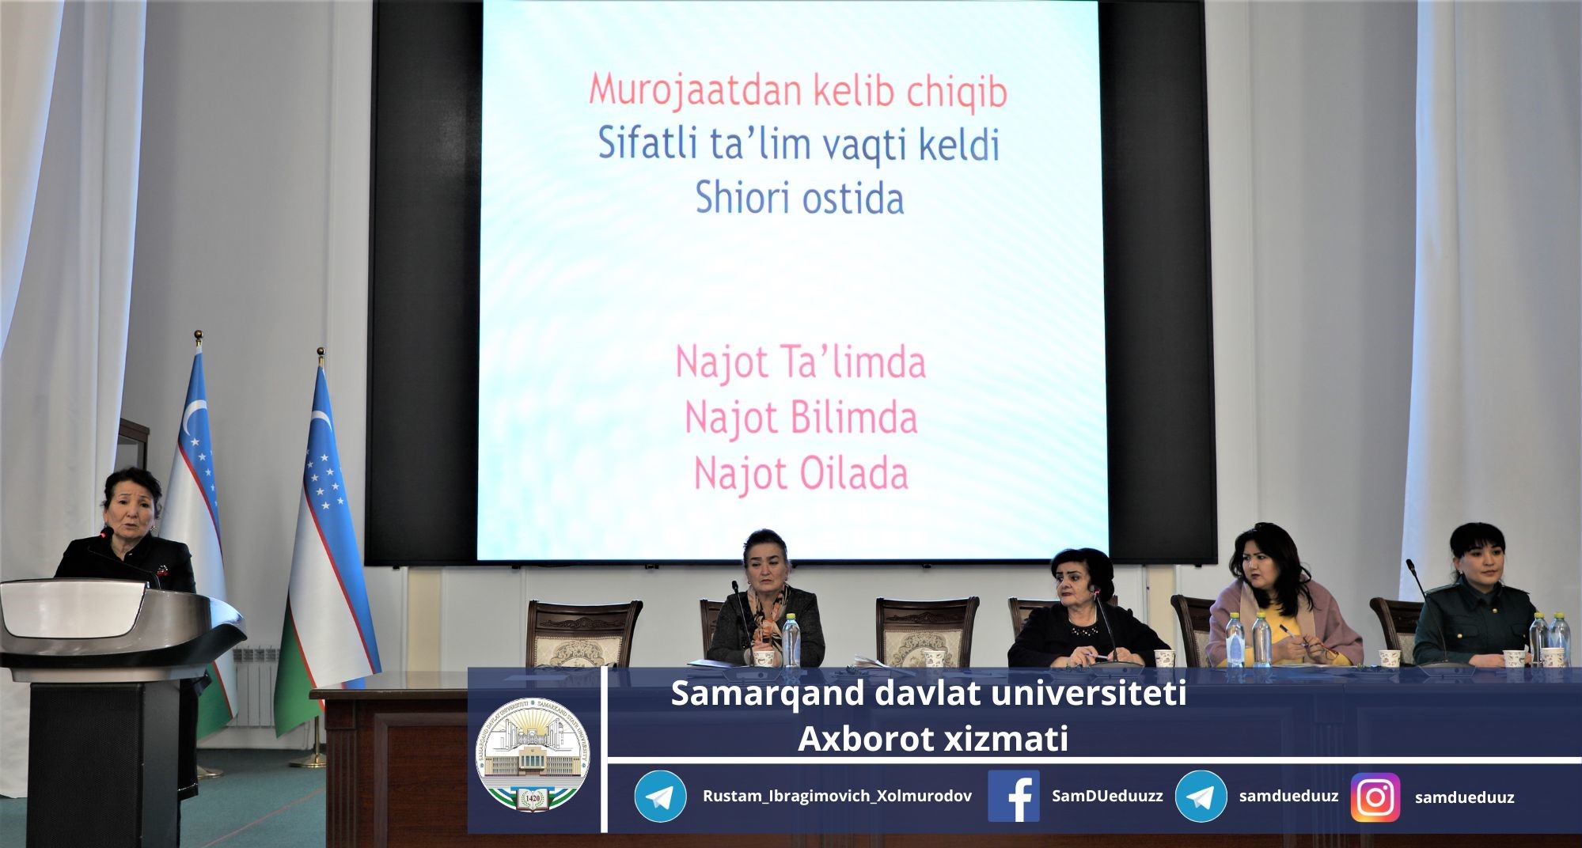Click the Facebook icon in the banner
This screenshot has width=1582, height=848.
click(x=1014, y=796)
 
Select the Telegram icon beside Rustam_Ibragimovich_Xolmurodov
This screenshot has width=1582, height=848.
click(x=660, y=797)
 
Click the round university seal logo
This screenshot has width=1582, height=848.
click(x=533, y=755)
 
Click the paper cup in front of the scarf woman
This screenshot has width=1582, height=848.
click(x=763, y=658)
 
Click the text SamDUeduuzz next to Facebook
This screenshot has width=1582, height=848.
click(x=1107, y=796)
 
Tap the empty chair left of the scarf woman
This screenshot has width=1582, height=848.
click(x=584, y=634)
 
